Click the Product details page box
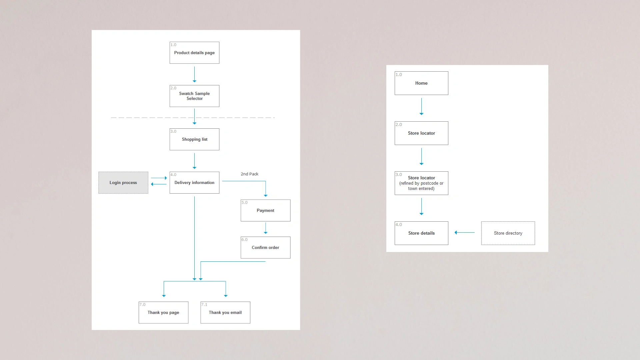194,53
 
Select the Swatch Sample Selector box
194,96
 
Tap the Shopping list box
194,139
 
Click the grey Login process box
123,183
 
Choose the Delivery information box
194,183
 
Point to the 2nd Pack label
249,174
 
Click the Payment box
265,210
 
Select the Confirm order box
265,247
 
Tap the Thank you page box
163,312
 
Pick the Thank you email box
225,312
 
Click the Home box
421,83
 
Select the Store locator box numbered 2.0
421,133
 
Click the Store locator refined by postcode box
421,183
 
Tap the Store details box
421,233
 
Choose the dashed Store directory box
508,233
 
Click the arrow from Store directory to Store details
465,232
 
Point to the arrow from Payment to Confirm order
265,228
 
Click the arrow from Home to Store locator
421,107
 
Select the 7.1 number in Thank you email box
204,305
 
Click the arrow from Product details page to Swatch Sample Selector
194,74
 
